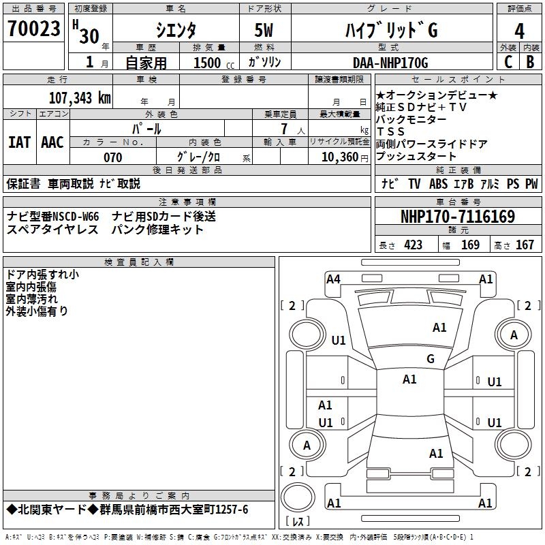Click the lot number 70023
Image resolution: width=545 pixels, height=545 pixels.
[x=33, y=30]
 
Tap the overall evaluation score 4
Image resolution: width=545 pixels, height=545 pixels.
[x=520, y=31]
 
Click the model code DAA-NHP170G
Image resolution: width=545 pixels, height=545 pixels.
[x=390, y=63]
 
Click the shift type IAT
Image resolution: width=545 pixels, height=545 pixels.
[x=19, y=142]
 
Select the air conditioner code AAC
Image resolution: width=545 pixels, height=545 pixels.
[x=52, y=142]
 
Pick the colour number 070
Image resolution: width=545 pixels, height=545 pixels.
[x=113, y=157]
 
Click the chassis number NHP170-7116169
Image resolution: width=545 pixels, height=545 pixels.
[x=457, y=217]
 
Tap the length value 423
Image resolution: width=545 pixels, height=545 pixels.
[x=413, y=245]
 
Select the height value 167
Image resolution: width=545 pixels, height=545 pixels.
[x=525, y=245]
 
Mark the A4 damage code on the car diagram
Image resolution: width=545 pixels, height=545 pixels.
[x=333, y=278]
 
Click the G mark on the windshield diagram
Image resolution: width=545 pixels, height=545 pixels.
[x=431, y=359]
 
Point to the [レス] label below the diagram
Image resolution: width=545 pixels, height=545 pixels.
[x=298, y=523]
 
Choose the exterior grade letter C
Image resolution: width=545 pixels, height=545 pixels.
[x=508, y=62]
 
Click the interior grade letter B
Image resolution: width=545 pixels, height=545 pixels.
[x=531, y=62]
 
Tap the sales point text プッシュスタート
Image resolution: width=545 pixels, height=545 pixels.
[x=416, y=156]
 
